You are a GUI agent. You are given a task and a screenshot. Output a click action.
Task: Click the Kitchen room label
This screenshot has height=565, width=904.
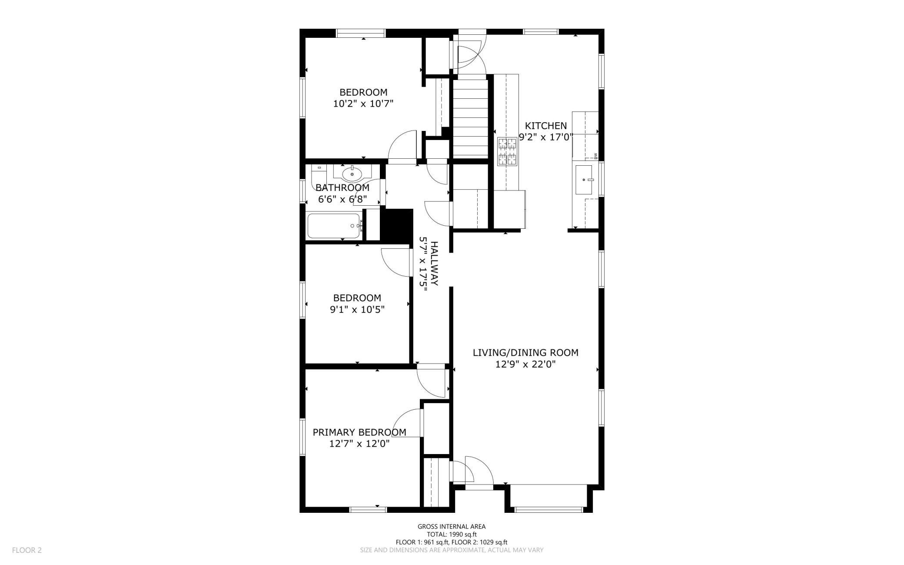[545, 126]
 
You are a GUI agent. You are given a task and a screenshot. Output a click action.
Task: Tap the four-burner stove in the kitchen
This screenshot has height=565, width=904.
[508, 151]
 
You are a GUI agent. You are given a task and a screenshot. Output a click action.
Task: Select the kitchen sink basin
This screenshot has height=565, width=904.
[585, 179]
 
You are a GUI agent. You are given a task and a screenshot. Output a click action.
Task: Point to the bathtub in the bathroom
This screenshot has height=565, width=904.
[334, 226]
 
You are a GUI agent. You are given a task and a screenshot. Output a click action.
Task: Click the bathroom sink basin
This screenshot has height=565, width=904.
[352, 174]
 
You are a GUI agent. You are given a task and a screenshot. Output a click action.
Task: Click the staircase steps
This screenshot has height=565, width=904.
[471, 118]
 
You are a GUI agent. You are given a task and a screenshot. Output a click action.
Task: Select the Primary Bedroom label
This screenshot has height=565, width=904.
[359, 432]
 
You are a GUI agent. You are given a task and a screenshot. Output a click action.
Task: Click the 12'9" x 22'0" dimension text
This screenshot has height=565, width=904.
[525, 364]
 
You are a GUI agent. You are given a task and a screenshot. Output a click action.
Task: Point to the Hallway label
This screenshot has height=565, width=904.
[434, 264]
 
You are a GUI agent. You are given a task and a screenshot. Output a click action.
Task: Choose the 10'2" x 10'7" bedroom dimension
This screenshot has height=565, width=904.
[363, 104]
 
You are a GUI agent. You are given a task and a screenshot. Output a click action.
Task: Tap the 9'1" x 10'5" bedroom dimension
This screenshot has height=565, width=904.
[357, 310]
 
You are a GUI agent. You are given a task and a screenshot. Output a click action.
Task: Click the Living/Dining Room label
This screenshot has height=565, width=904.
[525, 352]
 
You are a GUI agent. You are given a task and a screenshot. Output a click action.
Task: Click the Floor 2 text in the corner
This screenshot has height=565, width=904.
[27, 550]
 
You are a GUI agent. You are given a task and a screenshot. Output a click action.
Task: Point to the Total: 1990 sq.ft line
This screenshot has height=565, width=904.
[452, 535]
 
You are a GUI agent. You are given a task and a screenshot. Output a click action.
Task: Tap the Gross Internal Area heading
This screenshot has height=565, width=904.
[452, 527]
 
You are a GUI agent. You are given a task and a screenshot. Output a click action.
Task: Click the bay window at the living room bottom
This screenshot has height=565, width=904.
[549, 498]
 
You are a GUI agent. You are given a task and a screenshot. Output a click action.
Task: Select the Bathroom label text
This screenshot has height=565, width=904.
[342, 187]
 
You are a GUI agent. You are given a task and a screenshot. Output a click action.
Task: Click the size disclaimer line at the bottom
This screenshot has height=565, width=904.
[452, 550]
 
